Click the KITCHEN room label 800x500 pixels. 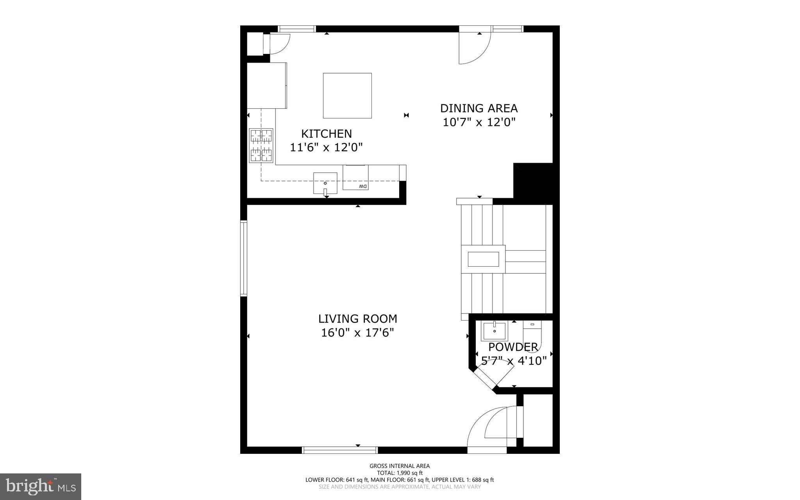(x=326, y=134)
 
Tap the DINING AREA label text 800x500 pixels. (x=479, y=108)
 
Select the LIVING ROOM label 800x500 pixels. (x=357, y=319)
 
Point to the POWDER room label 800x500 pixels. (x=513, y=347)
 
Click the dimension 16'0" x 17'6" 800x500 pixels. (x=357, y=333)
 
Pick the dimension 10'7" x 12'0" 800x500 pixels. (x=479, y=122)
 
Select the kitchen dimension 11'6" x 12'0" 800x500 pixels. (x=326, y=147)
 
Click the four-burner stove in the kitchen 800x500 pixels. (x=261, y=145)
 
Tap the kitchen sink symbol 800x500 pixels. (x=325, y=183)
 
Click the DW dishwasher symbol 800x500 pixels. (x=355, y=178)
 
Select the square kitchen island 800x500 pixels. (x=347, y=95)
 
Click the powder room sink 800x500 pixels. (x=494, y=331)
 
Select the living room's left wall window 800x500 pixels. (x=243, y=258)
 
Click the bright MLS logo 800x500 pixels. (x=41, y=486)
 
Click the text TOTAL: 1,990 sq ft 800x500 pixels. (x=400, y=473)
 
